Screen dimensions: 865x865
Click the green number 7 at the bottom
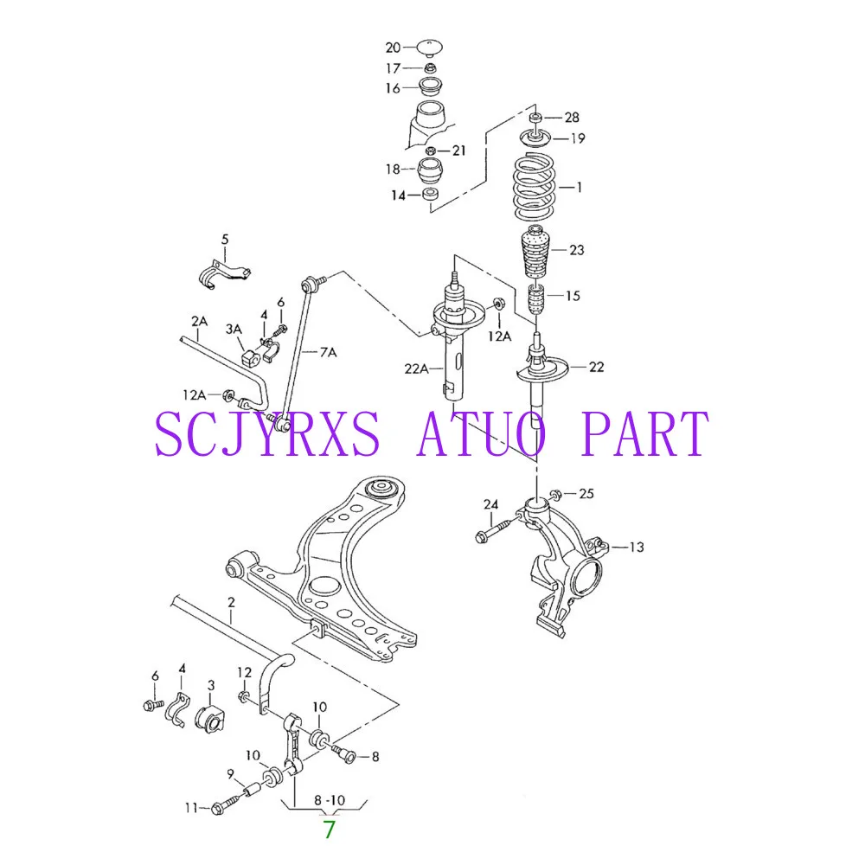pos(330,830)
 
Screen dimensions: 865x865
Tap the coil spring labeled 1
pos(534,188)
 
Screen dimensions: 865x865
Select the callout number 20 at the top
pos(393,48)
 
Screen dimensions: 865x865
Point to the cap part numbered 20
pos(429,48)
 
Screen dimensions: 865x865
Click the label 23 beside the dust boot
pos(576,250)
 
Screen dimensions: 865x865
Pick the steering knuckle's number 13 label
pos(636,547)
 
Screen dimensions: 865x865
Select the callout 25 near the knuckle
pos(586,493)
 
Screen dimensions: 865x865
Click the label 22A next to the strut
pos(417,368)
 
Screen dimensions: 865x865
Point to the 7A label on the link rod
pos(328,352)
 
